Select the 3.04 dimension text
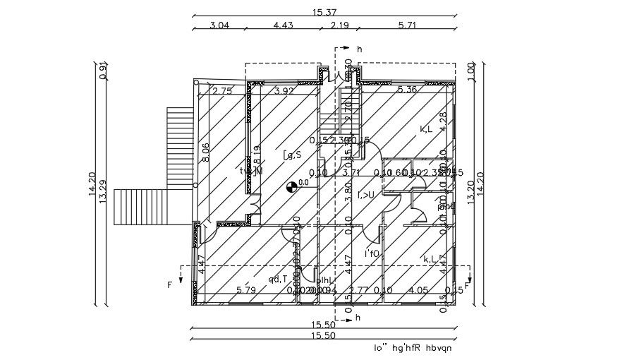(220, 26)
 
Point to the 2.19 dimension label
(340, 26)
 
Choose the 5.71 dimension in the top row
(409, 26)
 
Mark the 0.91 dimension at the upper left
(104, 71)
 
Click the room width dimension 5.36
(408, 90)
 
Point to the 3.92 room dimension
(284, 90)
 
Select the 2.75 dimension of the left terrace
(222, 90)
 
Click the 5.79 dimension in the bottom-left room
(246, 289)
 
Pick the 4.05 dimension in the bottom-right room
(418, 289)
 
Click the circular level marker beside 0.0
(291, 186)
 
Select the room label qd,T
(277, 279)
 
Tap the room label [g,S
(293, 155)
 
